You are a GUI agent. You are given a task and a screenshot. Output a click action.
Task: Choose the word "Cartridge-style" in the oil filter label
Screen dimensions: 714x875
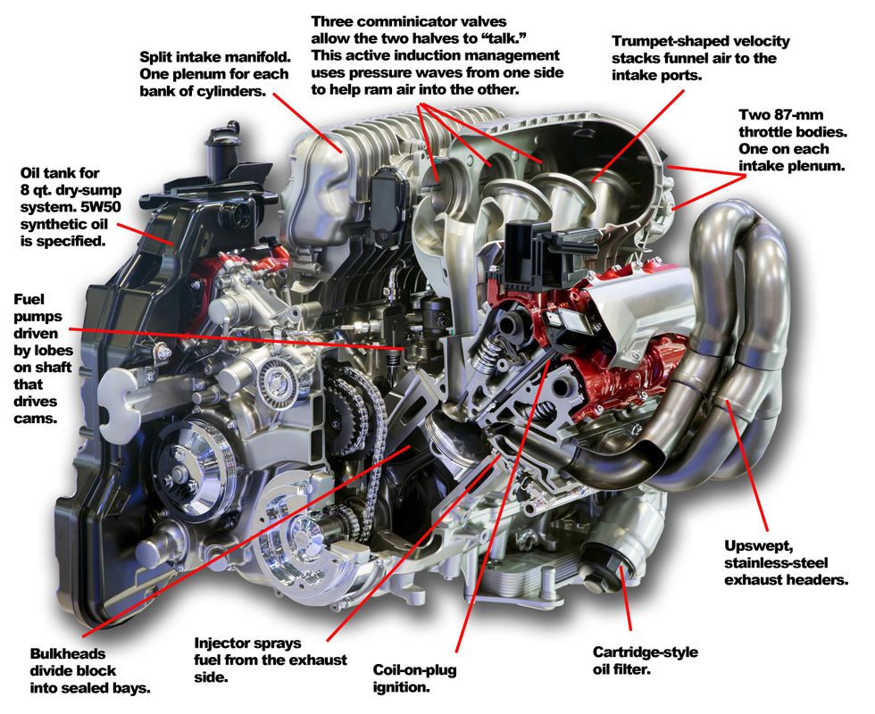tap(646, 652)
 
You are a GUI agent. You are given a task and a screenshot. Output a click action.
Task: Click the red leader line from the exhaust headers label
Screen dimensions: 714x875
tap(750, 469)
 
